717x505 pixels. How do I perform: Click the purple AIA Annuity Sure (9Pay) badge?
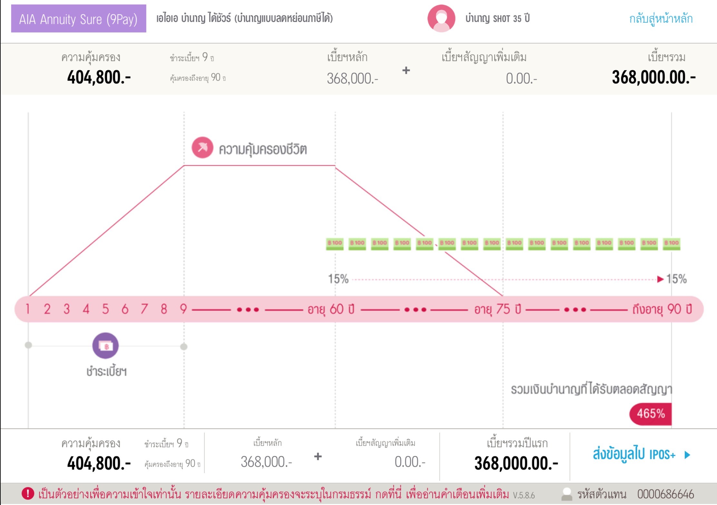pos(78,19)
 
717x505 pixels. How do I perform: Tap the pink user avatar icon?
pos(441,18)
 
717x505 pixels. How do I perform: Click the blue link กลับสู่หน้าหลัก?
pos(661,19)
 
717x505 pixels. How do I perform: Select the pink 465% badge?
pos(651,414)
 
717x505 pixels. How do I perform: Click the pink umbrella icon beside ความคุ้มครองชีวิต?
pos(202,148)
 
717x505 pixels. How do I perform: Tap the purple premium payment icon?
pos(105,346)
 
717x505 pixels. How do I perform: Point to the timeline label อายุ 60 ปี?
pos(331,309)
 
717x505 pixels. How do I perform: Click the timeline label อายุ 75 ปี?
pos(497,309)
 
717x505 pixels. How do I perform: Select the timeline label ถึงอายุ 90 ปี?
pos(662,309)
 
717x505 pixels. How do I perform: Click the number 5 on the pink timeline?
pos(105,309)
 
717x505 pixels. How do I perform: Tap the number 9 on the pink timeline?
pos(183,309)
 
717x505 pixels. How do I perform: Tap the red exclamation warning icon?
pos(28,493)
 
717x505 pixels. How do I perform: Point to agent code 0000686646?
pos(665,494)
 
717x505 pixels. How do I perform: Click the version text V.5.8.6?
pos(524,495)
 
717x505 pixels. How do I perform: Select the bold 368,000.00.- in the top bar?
pos(653,78)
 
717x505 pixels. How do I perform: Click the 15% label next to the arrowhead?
pos(676,279)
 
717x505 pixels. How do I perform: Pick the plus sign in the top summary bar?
pos(406,70)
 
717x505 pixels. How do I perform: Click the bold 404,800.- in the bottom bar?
pos(99,463)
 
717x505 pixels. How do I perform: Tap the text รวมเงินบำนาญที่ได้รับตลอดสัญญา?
pos(591,389)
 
